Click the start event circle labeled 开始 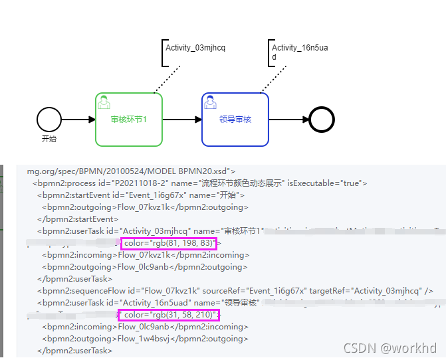(x=49, y=120)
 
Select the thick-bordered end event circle (x=322, y=120)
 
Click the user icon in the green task (x=104, y=102)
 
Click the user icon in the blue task (x=210, y=102)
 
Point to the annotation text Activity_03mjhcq (x=196, y=48)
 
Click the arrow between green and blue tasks (x=181, y=120)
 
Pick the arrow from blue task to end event (x=288, y=120)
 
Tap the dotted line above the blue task (x=274, y=79)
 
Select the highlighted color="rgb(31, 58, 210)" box (x=169, y=315)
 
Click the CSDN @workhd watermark (x=390, y=347)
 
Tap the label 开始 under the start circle (x=49, y=139)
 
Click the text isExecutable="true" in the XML (x=328, y=183)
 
